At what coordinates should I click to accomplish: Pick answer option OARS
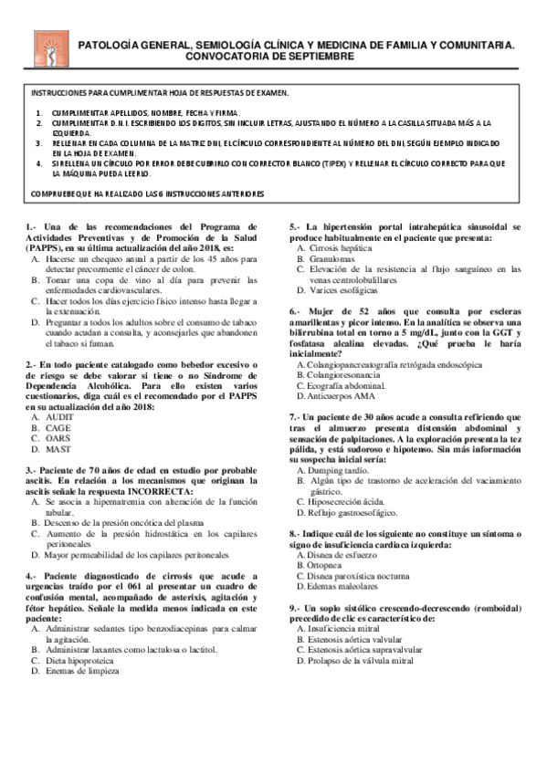click(58, 437)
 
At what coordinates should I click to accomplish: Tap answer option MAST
click(58, 448)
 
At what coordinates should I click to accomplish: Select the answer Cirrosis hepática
click(341, 247)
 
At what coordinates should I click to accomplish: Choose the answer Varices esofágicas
click(345, 290)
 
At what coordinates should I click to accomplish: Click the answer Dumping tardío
click(341, 470)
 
